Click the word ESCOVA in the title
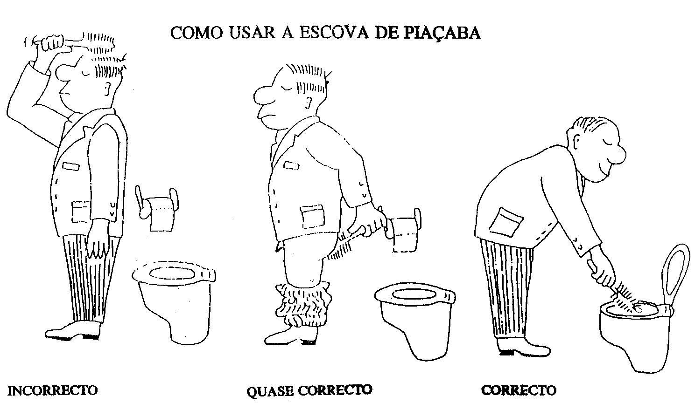pyautogui.click(x=334, y=32)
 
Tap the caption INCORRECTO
pyautogui.click(x=52, y=390)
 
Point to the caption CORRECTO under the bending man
pyautogui.click(x=519, y=390)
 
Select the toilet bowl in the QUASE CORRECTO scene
pyautogui.click(x=415, y=319)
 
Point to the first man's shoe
pyautogui.click(x=73, y=331)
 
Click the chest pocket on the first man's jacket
pyautogui.click(x=71, y=166)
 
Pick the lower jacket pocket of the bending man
pyautogui.click(x=506, y=222)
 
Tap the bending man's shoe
pyautogui.click(x=523, y=348)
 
